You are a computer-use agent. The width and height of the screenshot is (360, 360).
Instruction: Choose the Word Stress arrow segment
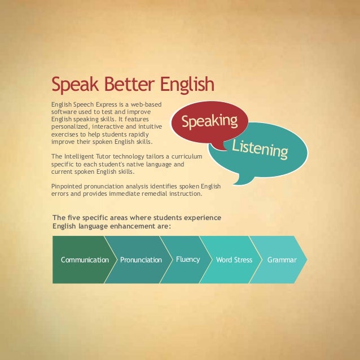[234, 260]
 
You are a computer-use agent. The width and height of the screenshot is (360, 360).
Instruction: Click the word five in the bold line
[73, 218]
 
